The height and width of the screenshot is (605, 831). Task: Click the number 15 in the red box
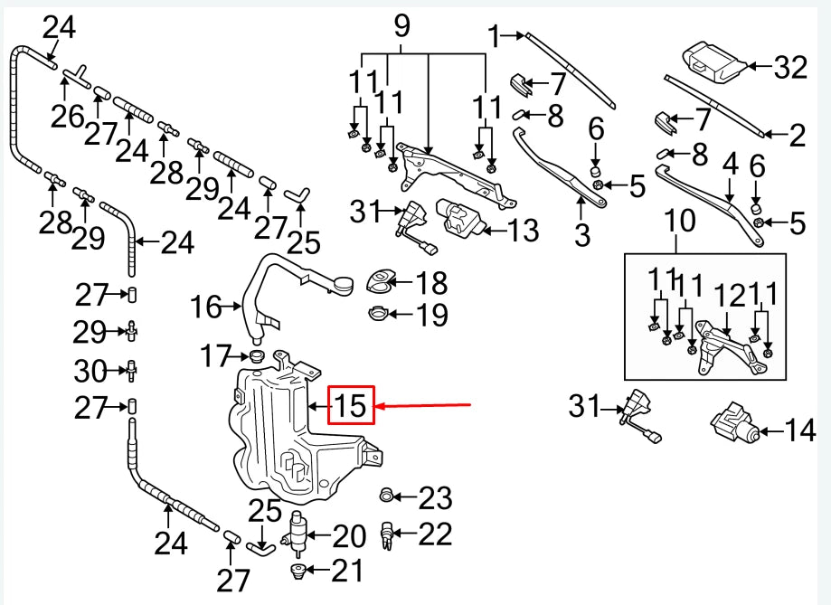pyautogui.click(x=350, y=406)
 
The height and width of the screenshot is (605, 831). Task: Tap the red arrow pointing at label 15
pyautogui.click(x=425, y=407)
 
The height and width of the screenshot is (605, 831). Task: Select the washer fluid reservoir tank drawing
pyautogui.click(x=289, y=434)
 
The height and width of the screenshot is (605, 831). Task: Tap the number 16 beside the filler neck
pyautogui.click(x=206, y=307)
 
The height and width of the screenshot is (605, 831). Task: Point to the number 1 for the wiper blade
pyautogui.click(x=495, y=36)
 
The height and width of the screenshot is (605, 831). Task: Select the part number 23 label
pyautogui.click(x=434, y=498)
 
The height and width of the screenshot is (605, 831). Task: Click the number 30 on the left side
pyautogui.click(x=90, y=370)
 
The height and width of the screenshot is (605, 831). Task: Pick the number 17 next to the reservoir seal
pyautogui.click(x=217, y=357)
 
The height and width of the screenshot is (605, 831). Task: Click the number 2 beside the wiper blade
pyautogui.click(x=796, y=136)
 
